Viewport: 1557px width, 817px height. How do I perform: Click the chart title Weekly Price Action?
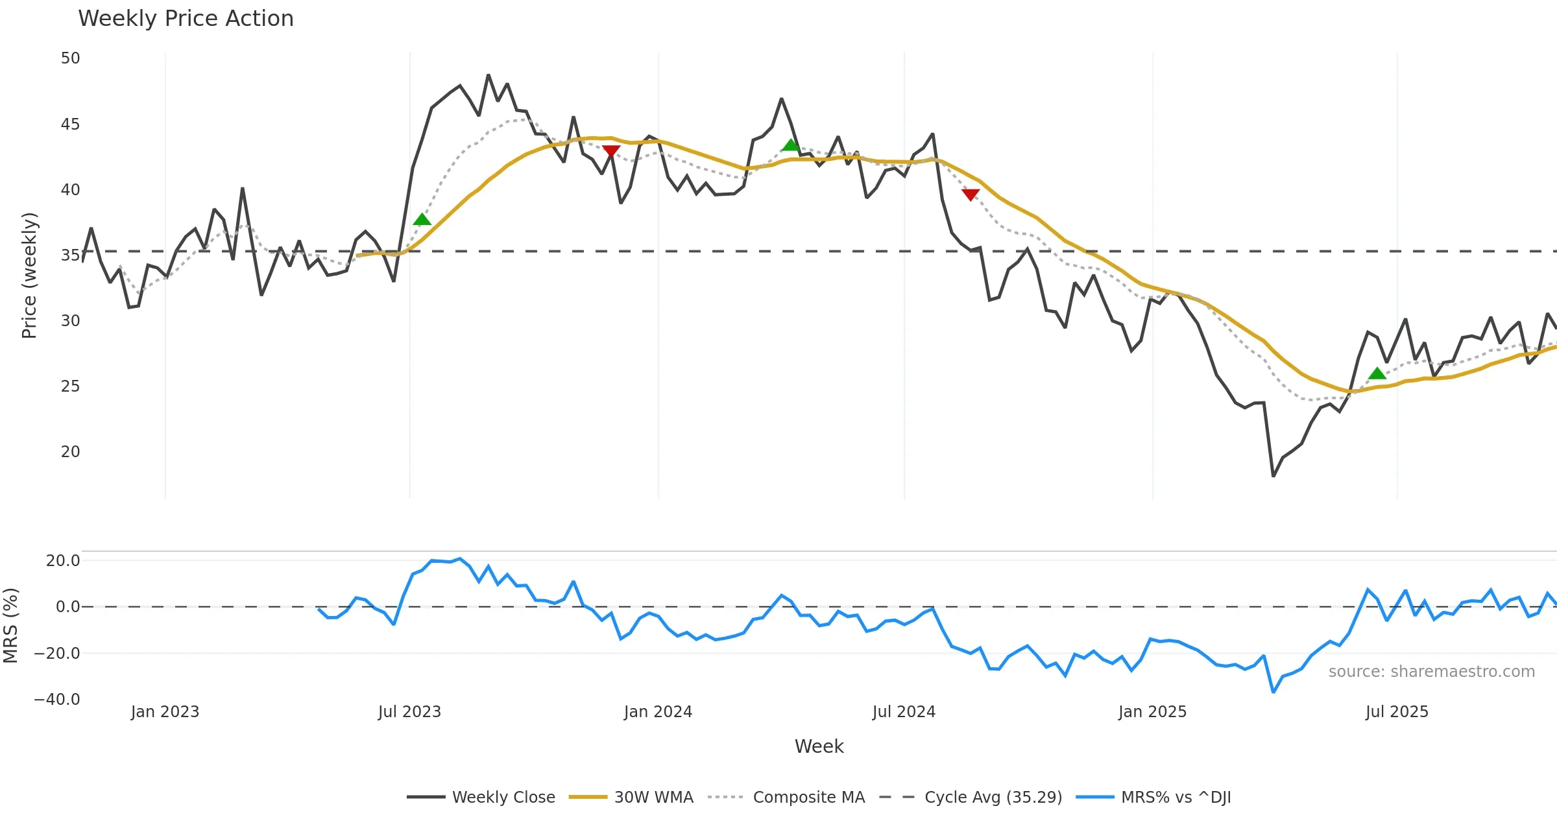(186, 19)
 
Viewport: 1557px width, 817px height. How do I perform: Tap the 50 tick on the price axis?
(70, 58)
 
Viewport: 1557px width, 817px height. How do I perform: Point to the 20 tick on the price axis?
(70, 452)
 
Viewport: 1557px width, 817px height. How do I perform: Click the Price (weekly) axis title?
(29, 276)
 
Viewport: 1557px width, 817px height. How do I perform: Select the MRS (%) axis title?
(10, 626)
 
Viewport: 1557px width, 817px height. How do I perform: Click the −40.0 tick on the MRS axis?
(57, 700)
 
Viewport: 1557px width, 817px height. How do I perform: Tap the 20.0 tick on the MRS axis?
(62, 561)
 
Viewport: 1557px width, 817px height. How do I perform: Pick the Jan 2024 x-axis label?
(658, 712)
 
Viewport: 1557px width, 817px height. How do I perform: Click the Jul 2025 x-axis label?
(1397, 712)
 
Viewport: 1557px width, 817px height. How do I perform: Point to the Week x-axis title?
(819, 747)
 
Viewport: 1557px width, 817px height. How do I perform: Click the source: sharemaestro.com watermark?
(1431, 672)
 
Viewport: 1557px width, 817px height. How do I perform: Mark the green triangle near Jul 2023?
(422, 220)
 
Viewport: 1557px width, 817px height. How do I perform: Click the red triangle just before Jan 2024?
(611, 151)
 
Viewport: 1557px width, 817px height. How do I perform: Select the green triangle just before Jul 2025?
(1377, 373)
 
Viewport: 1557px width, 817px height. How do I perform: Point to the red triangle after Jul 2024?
(971, 195)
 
